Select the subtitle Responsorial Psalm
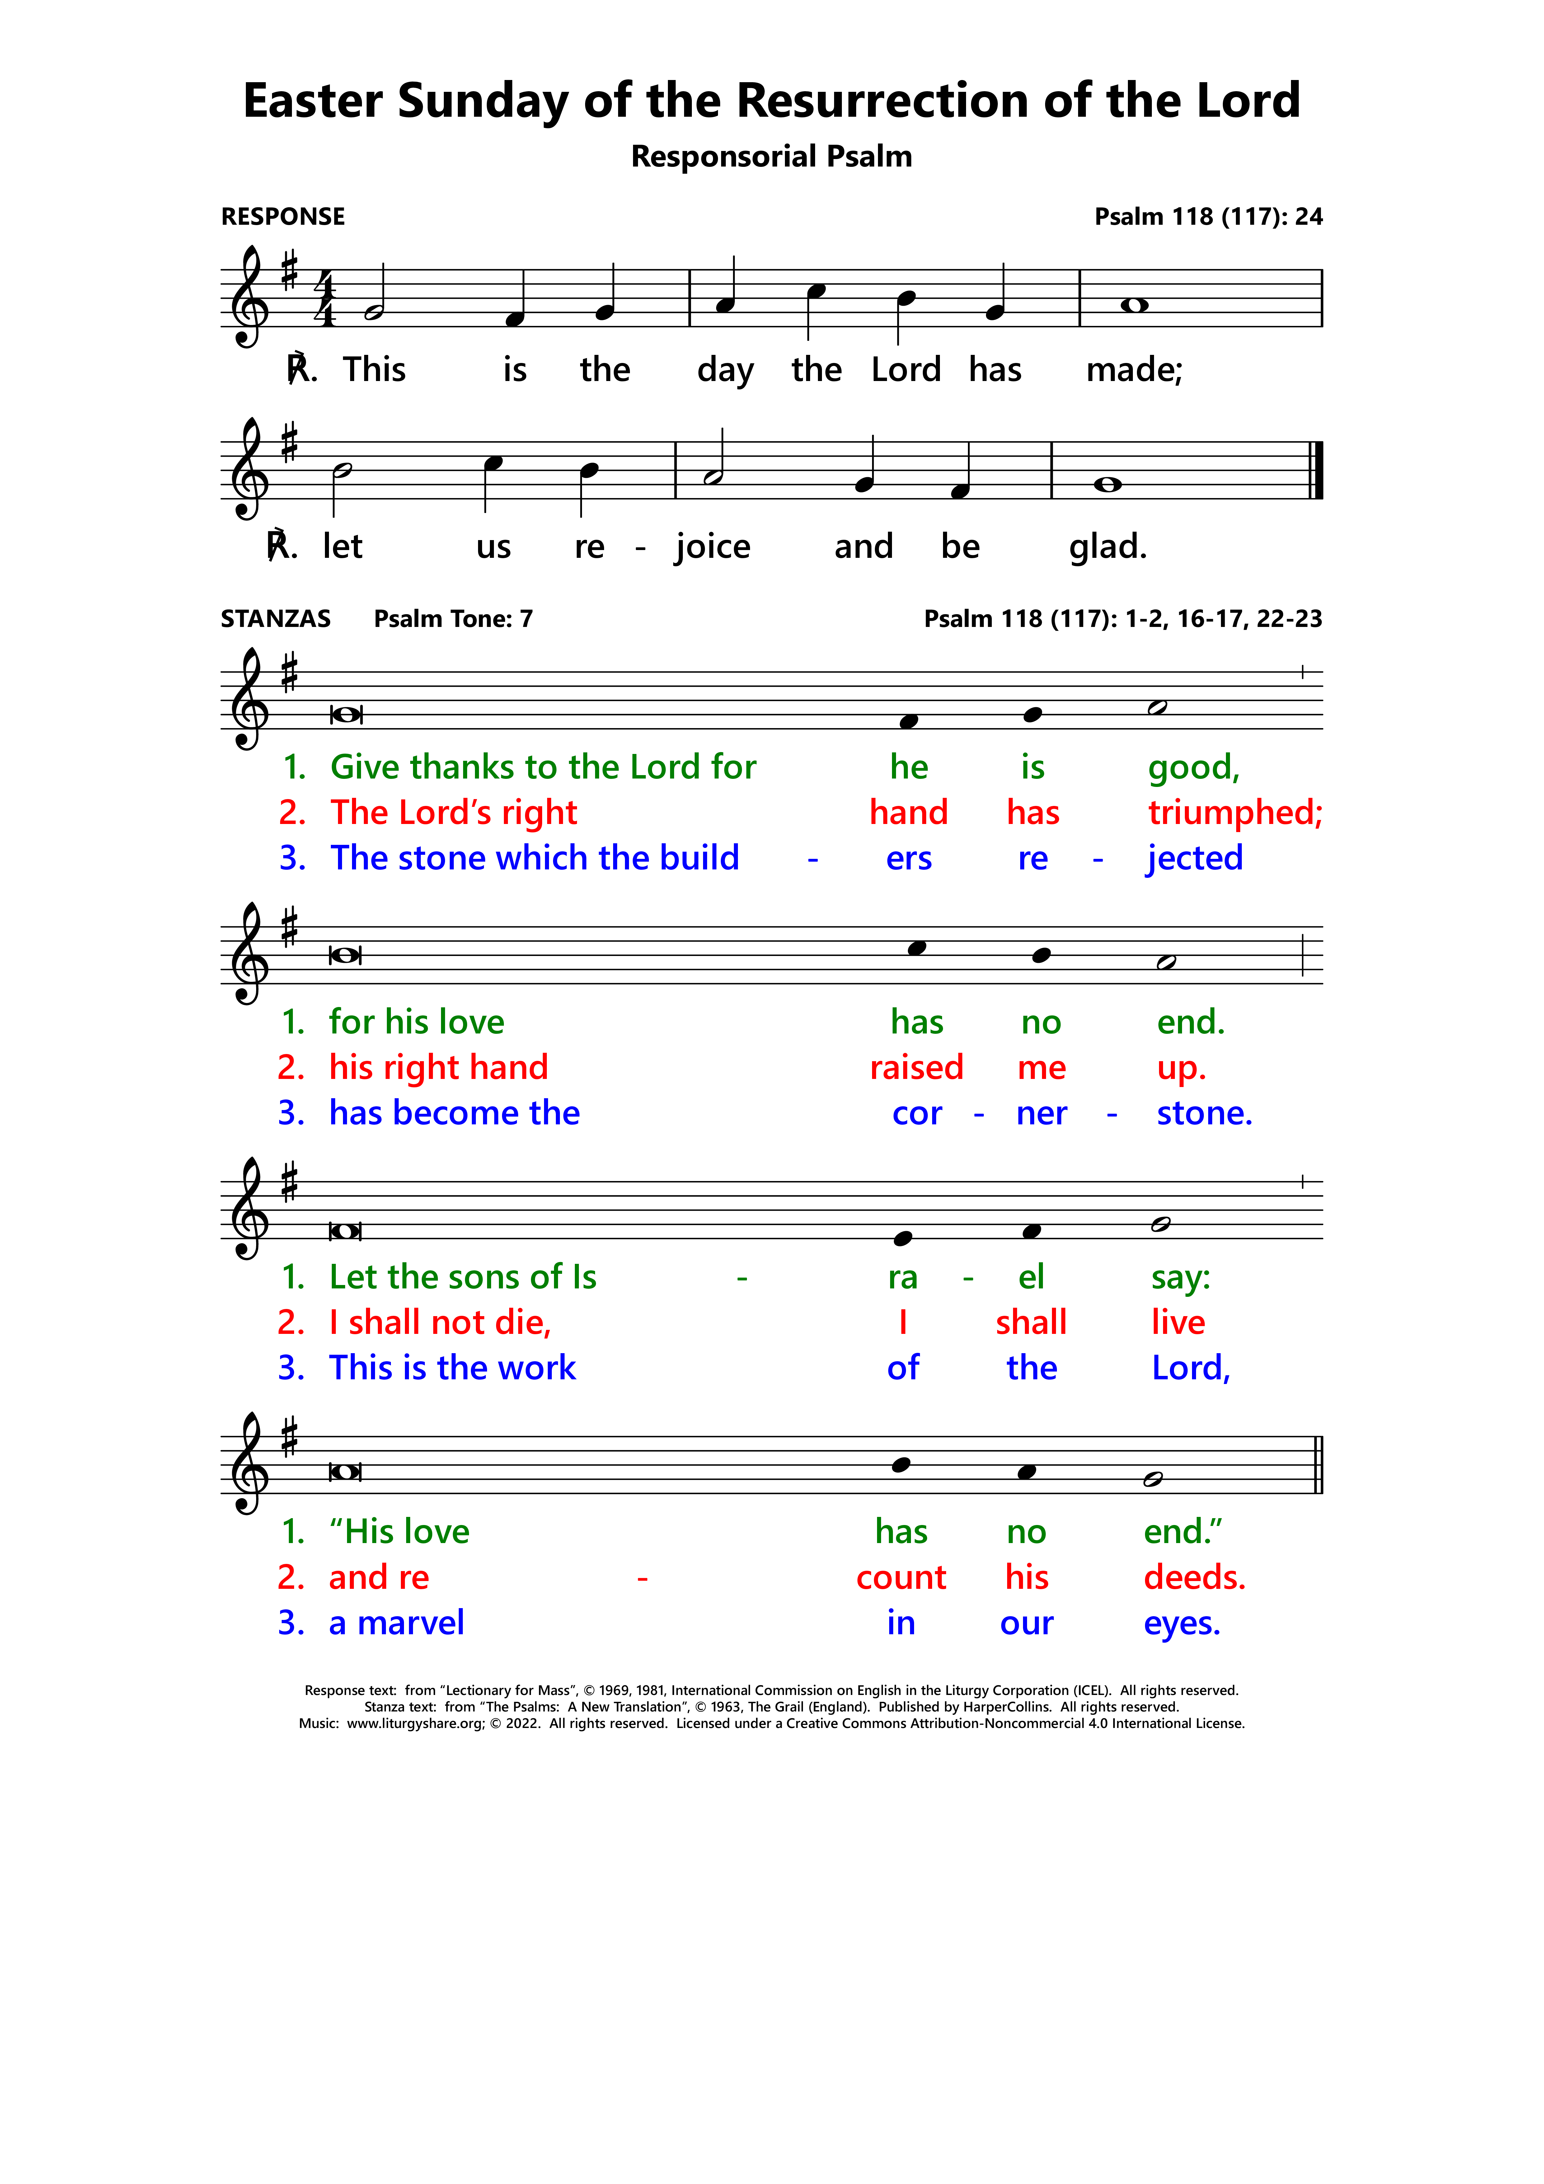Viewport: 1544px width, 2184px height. pos(772,156)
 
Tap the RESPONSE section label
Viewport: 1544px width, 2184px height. pos(283,217)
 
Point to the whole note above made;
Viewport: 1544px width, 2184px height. pos(1134,305)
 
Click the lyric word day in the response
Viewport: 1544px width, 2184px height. pos(725,370)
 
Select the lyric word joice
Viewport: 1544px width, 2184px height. pos(712,547)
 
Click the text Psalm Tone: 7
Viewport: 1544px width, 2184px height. pos(453,619)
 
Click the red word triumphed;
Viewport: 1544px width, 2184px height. pos(1234,812)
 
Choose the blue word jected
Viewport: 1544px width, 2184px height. pos(1194,858)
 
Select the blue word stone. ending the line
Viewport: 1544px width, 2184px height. pos(1204,1113)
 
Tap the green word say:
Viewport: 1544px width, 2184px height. pos(1180,1277)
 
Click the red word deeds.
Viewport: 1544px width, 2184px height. pos(1194,1577)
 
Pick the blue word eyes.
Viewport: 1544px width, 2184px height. pos(1181,1623)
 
